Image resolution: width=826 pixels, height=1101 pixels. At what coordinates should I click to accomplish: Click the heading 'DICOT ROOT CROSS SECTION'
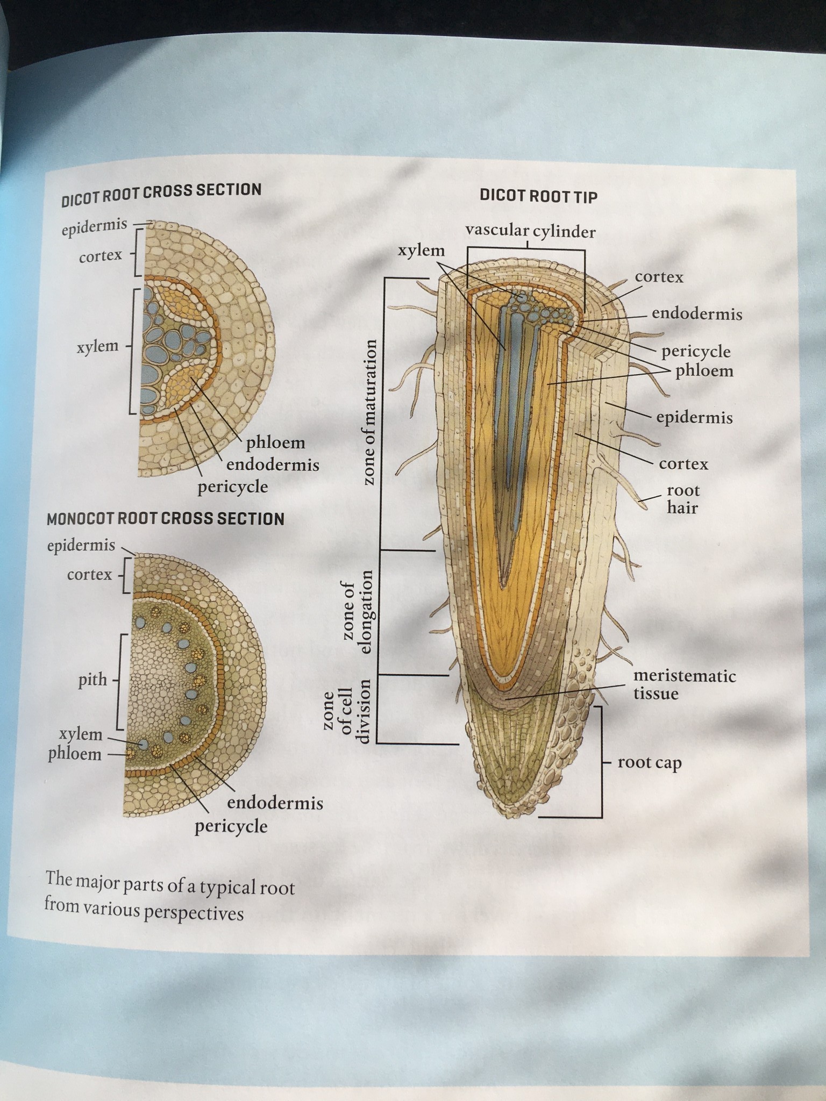click(161, 194)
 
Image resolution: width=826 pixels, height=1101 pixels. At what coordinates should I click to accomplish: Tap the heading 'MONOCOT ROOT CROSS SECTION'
click(165, 519)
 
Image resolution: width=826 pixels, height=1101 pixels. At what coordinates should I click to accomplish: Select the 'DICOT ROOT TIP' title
click(538, 196)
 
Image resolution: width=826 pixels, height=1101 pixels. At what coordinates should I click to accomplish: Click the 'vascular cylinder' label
click(530, 232)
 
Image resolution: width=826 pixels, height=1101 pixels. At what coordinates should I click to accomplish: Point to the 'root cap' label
click(649, 763)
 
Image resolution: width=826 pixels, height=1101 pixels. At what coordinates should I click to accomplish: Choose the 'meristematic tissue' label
click(684, 684)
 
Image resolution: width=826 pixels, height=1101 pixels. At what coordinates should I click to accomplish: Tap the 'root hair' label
click(683, 499)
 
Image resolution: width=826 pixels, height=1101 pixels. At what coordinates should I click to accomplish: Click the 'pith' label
click(92, 680)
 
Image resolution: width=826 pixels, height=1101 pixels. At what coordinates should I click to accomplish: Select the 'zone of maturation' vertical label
click(368, 412)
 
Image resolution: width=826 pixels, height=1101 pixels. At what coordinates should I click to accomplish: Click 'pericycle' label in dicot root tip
click(696, 352)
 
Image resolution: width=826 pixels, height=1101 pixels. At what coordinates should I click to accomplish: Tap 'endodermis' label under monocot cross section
click(275, 803)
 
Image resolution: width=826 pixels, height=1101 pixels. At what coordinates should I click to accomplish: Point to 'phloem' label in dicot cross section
click(275, 443)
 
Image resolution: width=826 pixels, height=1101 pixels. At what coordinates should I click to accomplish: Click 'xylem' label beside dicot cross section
click(97, 346)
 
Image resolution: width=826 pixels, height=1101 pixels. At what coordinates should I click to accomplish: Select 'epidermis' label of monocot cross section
click(81, 546)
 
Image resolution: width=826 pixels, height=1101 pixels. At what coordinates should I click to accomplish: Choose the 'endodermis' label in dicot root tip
click(697, 313)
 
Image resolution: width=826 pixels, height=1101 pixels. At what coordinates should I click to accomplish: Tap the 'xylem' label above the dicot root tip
click(421, 251)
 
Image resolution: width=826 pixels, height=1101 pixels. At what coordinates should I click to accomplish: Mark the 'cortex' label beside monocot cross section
click(89, 575)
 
